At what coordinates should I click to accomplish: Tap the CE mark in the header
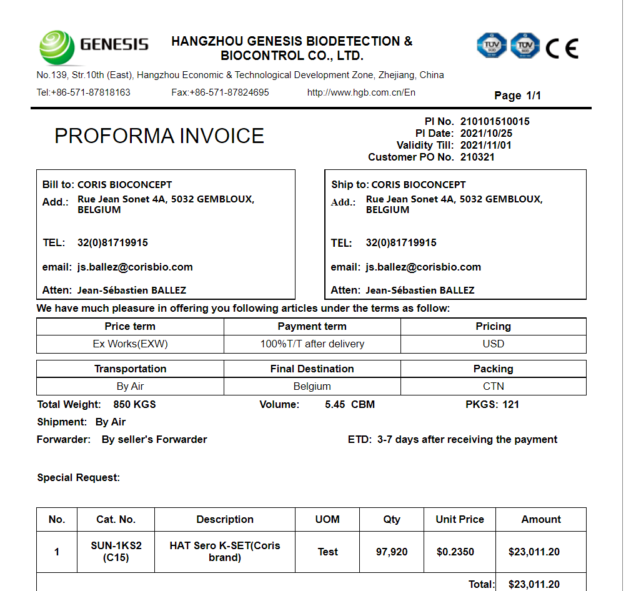562,47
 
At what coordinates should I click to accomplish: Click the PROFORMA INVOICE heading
159,136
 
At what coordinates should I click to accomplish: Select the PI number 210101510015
495,121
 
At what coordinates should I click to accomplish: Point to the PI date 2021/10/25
486,133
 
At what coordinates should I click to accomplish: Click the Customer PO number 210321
477,157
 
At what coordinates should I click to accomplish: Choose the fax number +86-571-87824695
220,92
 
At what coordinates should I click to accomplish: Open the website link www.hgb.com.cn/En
361,92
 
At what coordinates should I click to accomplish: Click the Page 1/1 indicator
517,96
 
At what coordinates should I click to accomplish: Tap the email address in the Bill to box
135,267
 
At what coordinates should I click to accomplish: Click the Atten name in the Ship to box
420,290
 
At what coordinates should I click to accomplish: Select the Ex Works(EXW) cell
130,344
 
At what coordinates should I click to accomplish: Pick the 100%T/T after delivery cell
312,344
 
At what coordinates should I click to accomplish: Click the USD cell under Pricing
493,344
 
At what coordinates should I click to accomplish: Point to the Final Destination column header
312,369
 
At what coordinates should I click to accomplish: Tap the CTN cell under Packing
493,386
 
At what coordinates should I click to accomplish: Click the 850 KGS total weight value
134,404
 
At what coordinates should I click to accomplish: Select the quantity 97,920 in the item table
392,552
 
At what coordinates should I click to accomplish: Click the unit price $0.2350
455,552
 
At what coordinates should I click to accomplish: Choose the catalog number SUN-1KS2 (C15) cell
116,552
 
